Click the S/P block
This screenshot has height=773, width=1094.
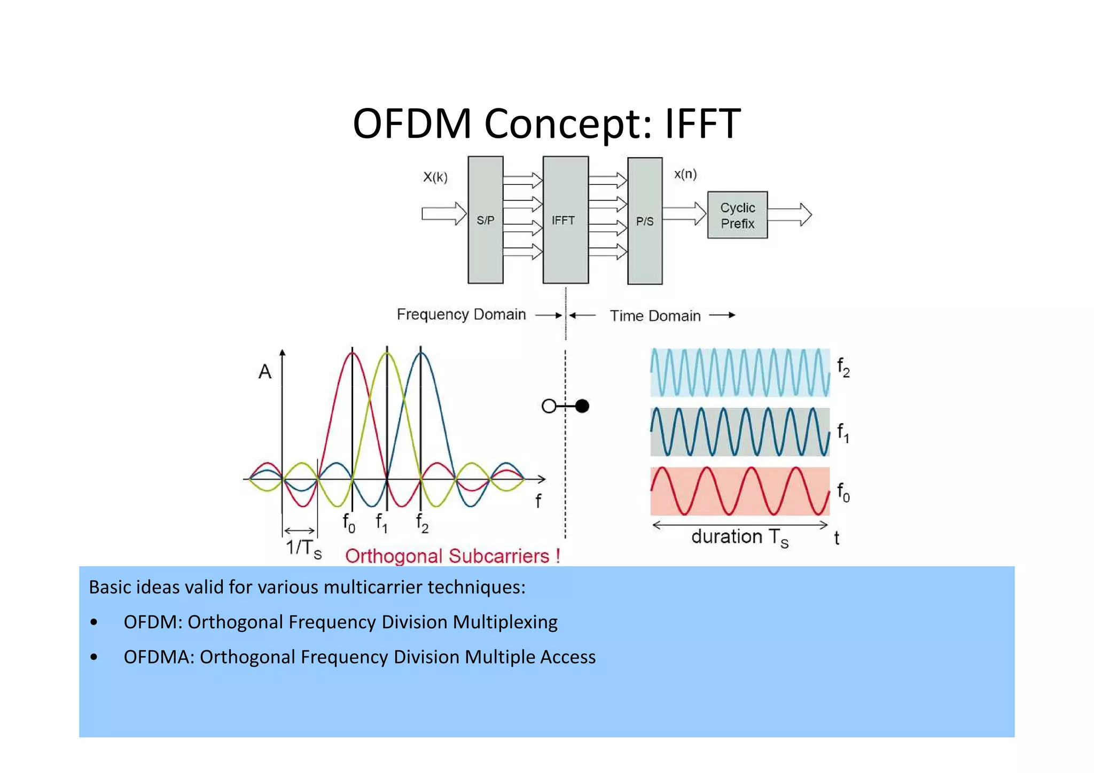point(485,220)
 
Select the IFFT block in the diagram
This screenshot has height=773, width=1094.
point(565,220)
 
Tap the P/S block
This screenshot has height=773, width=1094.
point(644,221)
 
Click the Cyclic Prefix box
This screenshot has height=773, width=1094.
point(737,215)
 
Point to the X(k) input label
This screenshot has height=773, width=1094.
point(435,177)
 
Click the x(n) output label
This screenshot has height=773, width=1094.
point(685,174)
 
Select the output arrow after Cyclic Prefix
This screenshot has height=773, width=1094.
point(790,215)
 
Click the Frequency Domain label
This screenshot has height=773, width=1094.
point(461,314)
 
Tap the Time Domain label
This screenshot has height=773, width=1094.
point(655,316)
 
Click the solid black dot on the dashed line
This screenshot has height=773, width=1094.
point(582,406)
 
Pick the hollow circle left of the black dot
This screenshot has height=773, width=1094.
point(549,407)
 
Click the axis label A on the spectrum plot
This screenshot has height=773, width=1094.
point(265,371)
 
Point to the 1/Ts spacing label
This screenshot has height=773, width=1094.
point(303,548)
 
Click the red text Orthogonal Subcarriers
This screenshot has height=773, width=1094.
point(452,556)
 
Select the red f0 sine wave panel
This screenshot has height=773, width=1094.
point(739,491)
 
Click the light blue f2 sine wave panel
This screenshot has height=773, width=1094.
point(739,372)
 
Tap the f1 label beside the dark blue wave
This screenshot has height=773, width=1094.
point(843,432)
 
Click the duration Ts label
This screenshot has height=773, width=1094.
point(739,537)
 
